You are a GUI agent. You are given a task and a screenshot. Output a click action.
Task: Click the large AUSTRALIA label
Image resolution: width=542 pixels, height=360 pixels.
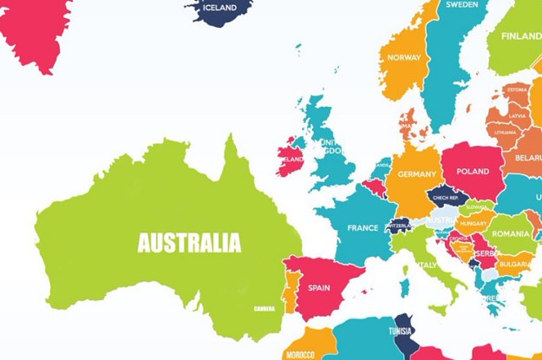pos(189,242)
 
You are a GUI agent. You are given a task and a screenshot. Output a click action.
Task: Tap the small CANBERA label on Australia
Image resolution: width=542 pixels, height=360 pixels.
pos(264,308)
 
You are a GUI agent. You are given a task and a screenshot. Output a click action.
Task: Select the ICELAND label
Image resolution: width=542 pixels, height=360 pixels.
pos(219,8)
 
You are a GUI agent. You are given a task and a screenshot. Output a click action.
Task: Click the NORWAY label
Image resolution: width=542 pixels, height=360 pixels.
pos(404,58)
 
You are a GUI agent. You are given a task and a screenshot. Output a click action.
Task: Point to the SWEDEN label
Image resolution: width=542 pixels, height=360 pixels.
pos(462,4)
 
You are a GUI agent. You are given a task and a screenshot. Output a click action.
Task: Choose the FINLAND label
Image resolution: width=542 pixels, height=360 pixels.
pos(521,37)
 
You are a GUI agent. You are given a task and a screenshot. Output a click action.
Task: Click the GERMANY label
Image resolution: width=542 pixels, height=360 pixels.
pos(417,174)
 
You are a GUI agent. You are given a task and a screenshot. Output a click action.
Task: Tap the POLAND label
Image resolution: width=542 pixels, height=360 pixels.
pos(473,171)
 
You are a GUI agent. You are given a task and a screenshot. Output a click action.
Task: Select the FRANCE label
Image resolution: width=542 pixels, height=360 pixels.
pos(362,228)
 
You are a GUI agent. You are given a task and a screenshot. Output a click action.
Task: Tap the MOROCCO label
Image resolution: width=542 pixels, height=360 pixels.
pos(300,354)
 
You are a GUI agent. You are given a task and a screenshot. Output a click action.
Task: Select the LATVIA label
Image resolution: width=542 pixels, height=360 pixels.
pos(519,115)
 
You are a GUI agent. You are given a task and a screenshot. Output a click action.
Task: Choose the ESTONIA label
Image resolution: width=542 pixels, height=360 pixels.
pos(518,89)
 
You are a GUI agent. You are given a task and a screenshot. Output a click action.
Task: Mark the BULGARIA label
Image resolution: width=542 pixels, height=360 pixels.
pos(515,263)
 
